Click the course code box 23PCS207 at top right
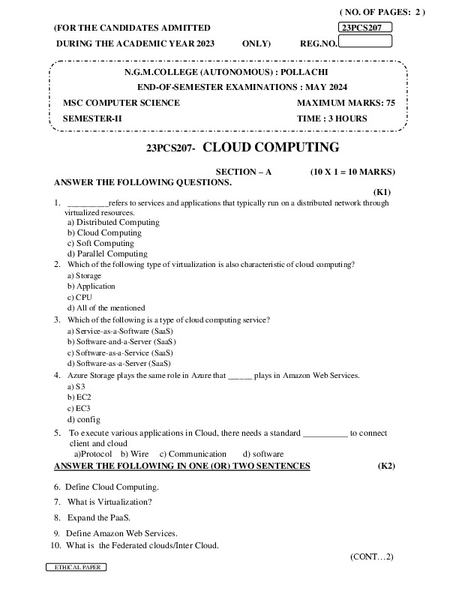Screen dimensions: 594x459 pos(365,28)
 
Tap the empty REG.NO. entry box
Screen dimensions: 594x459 pos(365,41)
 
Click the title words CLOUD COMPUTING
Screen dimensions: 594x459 pos(271,147)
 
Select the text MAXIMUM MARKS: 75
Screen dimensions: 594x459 pos(346,103)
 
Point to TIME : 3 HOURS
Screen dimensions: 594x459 pos(332,118)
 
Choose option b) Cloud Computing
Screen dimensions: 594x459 pos(104,232)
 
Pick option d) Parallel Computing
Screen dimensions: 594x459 pos(107,253)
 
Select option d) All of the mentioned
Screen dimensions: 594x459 pos(106,307)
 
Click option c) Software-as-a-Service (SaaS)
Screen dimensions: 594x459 pos(120,352)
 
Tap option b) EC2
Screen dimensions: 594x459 pos(79,397)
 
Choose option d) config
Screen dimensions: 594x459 pos(83,419)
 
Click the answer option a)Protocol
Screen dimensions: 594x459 pos(92,454)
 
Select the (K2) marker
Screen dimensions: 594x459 pos(386,466)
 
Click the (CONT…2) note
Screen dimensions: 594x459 pos(371,556)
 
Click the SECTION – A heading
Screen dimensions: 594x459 pos(243,172)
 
